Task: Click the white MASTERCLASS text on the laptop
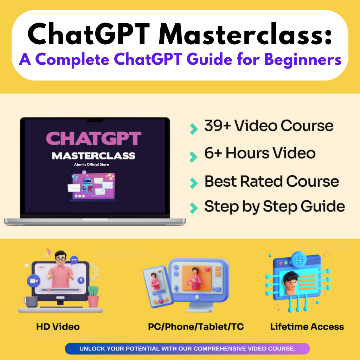tap(94, 155)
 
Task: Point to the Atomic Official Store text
tap(94, 164)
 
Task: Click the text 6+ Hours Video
tap(260, 153)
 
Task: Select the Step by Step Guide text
tap(274, 206)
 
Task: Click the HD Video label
tap(58, 327)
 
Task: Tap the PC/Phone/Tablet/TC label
tap(196, 327)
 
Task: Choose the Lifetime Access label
tap(307, 327)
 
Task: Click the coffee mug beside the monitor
tap(31, 302)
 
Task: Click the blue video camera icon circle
tap(33, 281)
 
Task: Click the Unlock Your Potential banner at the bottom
tap(187, 349)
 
